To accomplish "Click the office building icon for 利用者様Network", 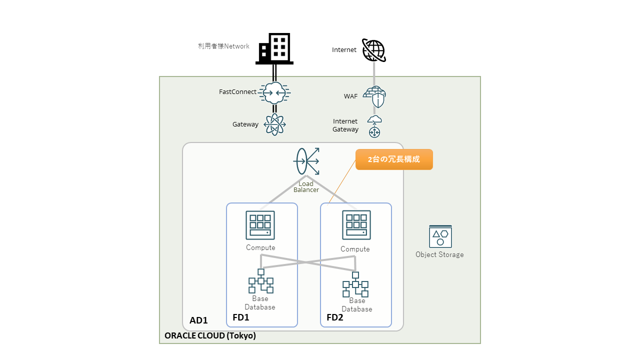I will (x=274, y=48).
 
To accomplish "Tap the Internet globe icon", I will (x=373, y=50).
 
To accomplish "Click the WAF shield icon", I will (x=374, y=96).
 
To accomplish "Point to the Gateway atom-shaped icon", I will (x=274, y=124).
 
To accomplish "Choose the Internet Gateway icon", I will (x=374, y=126).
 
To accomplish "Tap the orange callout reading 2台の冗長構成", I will (x=394, y=159).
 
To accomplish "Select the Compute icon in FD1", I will (x=260, y=225).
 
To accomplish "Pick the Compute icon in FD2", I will (x=356, y=225).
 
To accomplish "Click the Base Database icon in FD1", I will (x=260, y=281).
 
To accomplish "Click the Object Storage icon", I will (x=440, y=236).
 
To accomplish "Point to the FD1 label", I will (x=241, y=317).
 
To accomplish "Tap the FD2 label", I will (x=335, y=317).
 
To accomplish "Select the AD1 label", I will (x=198, y=320).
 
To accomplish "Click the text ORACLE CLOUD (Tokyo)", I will (x=210, y=335).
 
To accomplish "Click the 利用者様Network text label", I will (x=223, y=46).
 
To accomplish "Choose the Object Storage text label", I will (x=439, y=254).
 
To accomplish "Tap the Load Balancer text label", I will (x=306, y=186).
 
